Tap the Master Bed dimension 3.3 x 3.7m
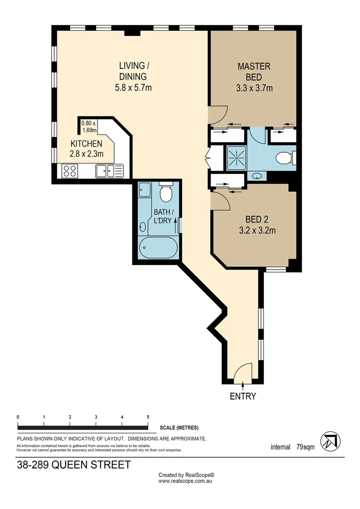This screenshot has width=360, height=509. click(254, 88)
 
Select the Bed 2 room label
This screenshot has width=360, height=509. click(257, 219)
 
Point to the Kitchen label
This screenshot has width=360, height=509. click(86, 144)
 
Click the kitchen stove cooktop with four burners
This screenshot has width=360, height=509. click(70, 170)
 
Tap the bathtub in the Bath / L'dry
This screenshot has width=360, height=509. click(159, 248)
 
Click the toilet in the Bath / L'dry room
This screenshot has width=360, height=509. click(166, 192)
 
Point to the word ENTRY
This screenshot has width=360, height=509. click(243, 396)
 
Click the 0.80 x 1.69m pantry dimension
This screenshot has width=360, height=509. click(89, 127)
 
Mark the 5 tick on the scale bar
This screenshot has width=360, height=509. click(148, 417)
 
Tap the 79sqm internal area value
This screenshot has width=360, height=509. click(305, 447)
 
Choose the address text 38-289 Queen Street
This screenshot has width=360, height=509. click(74, 465)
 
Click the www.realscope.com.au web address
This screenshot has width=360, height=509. click(186, 481)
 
